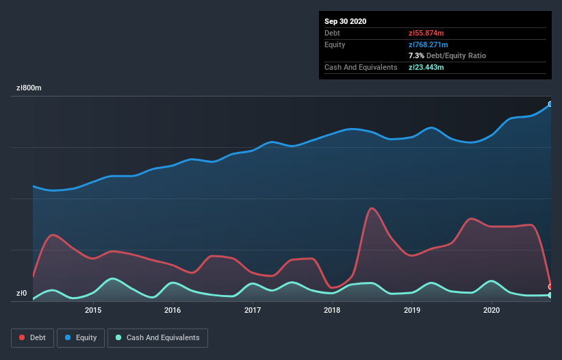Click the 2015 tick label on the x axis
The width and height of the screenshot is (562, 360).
[93, 311]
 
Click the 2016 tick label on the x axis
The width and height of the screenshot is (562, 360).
[173, 311]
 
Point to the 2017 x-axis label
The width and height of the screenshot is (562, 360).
[253, 311]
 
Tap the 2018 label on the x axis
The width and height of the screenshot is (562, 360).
[332, 311]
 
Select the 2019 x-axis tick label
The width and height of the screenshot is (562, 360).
[412, 311]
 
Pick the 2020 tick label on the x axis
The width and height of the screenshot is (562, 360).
[491, 311]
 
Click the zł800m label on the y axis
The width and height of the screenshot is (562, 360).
[29, 88]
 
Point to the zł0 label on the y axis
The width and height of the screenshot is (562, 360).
[21, 294]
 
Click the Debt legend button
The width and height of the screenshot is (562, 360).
[32, 337]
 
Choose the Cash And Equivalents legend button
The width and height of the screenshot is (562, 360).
[157, 337]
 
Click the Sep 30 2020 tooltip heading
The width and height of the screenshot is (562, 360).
[346, 21]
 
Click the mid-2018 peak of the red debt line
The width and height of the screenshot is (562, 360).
[371, 208]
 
